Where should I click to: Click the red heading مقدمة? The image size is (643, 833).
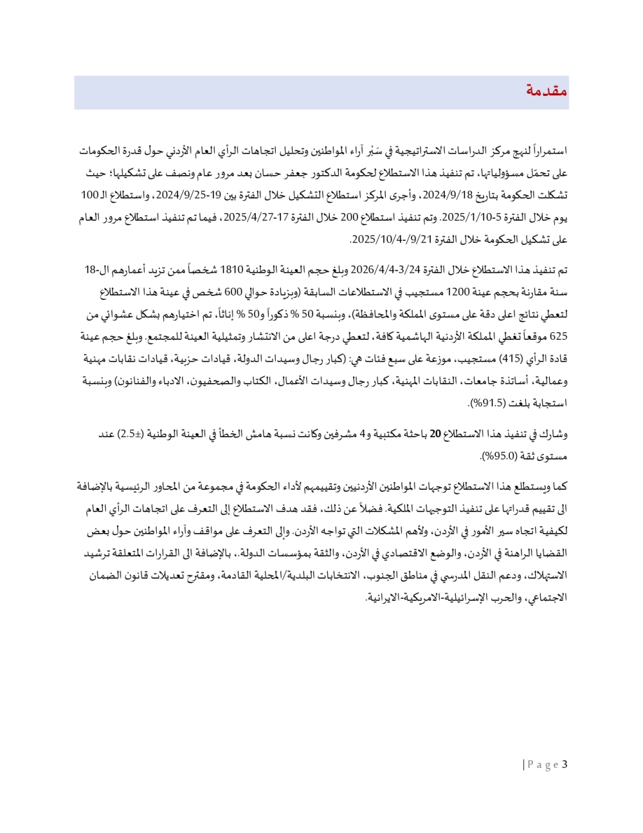click(x=547, y=91)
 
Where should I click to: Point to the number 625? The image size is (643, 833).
click(x=558, y=336)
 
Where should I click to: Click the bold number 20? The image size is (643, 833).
click(x=435, y=434)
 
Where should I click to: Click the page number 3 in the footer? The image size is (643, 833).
click(x=565, y=765)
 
